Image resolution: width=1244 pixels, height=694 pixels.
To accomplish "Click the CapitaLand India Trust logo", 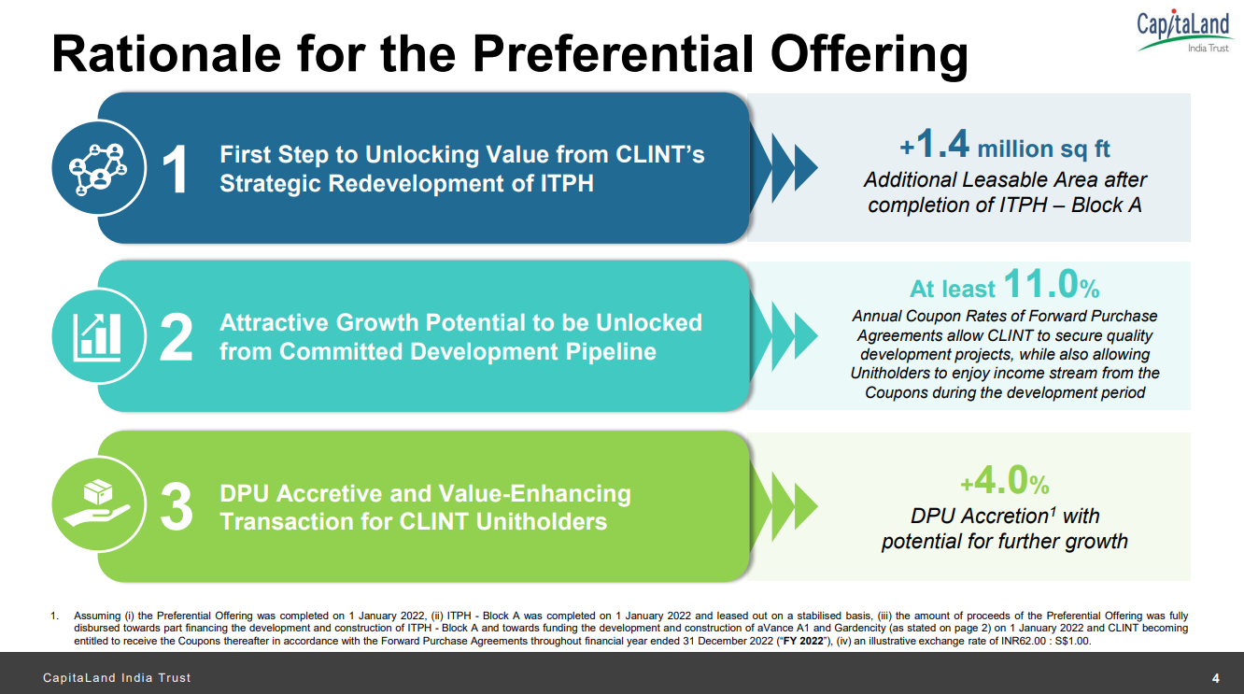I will pyautogui.click(x=1183, y=30).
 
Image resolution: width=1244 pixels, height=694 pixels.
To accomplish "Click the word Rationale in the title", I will pyautogui.click(x=167, y=52).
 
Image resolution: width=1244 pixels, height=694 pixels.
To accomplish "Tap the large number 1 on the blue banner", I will pyautogui.click(x=176, y=169).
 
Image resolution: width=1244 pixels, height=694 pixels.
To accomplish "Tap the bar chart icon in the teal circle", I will pyautogui.click(x=98, y=337).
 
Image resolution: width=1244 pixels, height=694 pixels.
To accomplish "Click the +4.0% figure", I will pyautogui.click(x=1005, y=482).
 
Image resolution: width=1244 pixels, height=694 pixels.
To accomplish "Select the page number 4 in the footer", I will pyautogui.click(x=1215, y=677).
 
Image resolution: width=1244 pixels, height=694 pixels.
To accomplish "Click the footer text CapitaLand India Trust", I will pyautogui.click(x=117, y=677).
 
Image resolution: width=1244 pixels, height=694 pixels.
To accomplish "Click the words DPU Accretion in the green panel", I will pyautogui.click(x=977, y=516).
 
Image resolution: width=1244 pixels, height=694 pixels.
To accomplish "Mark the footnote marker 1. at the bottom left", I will pyautogui.click(x=55, y=616).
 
